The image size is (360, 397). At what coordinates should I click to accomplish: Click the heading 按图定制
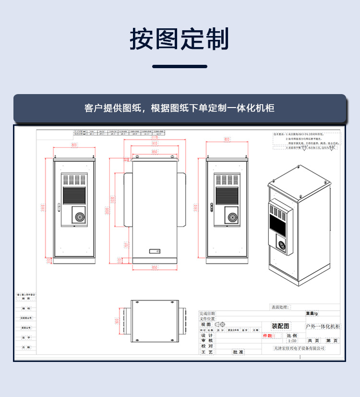click(180, 39)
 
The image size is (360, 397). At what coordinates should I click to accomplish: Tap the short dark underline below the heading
click(180, 67)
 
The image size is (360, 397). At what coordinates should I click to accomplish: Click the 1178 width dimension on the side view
click(155, 137)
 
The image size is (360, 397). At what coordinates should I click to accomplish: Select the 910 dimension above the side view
click(155, 144)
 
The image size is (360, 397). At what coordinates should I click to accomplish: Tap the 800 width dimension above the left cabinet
click(74, 145)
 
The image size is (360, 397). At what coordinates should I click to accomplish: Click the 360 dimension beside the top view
click(116, 321)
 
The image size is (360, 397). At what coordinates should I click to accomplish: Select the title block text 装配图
click(281, 326)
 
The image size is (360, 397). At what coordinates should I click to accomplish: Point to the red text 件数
click(269, 336)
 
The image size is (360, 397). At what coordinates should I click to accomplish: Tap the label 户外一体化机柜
click(323, 326)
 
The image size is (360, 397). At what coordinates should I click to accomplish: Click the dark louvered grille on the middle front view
click(227, 195)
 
